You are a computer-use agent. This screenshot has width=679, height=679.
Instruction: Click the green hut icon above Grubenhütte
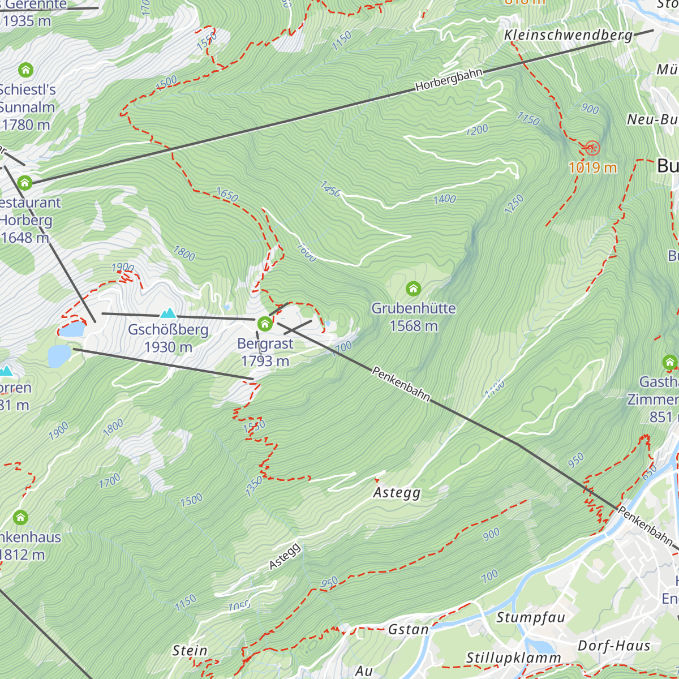click(x=414, y=289)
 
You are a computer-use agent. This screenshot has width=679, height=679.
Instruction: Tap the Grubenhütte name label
click(x=414, y=308)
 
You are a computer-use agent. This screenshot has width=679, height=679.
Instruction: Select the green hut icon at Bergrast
click(x=265, y=324)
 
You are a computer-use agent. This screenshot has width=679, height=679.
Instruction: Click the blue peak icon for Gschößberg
click(x=168, y=313)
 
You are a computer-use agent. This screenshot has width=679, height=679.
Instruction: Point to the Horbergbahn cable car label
click(x=449, y=80)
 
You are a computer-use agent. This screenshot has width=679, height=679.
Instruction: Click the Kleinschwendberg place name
click(x=568, y=35)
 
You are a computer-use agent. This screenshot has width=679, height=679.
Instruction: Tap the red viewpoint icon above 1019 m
click(x=592, y=148)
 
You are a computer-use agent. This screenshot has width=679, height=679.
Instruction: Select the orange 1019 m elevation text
click(x=592, y=167)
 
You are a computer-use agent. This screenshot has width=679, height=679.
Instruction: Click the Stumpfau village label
click(x=531, y=617)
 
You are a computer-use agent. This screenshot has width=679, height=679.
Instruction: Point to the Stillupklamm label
click(x=513, y=658)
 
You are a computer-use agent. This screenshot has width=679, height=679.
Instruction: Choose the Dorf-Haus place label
click(x=614, y=646)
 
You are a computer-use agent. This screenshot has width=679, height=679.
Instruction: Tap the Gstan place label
click(x=408, y=629)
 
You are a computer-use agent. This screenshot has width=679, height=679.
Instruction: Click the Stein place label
click(x=190, y=651)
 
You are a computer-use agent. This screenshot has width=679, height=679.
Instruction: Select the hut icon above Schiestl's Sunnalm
click(x=25, y=70)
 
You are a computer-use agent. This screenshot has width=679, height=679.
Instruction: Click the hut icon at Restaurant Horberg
click(x=24, y=183)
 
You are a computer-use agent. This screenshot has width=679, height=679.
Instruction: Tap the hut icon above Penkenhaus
click(x=20, y=517)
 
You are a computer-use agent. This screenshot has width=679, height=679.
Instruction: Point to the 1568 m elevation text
click(x=414, y=326)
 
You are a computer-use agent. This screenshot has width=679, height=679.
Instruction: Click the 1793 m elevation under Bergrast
click(x=265, y=361)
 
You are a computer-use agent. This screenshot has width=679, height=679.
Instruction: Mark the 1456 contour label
click(x=330, y=189)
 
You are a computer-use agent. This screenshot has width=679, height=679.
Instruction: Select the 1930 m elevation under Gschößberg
click(x=168, y=347)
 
